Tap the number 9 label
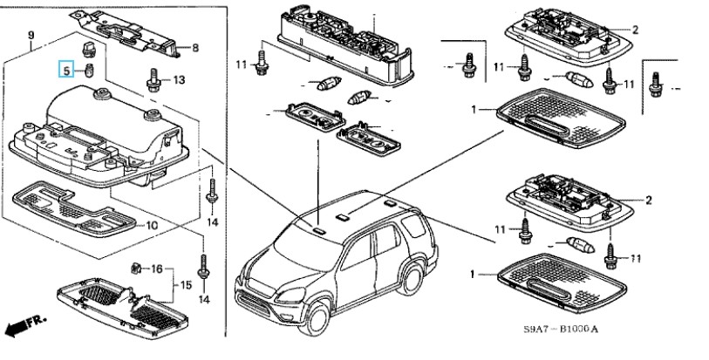coord(32,35)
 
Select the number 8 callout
coord(195,47)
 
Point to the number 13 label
coord(178,80)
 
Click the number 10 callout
coord(150,225)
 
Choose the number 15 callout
coord(185,284)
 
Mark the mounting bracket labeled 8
coord(140,34)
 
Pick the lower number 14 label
coord(204,299)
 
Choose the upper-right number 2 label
coord(636,30)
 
